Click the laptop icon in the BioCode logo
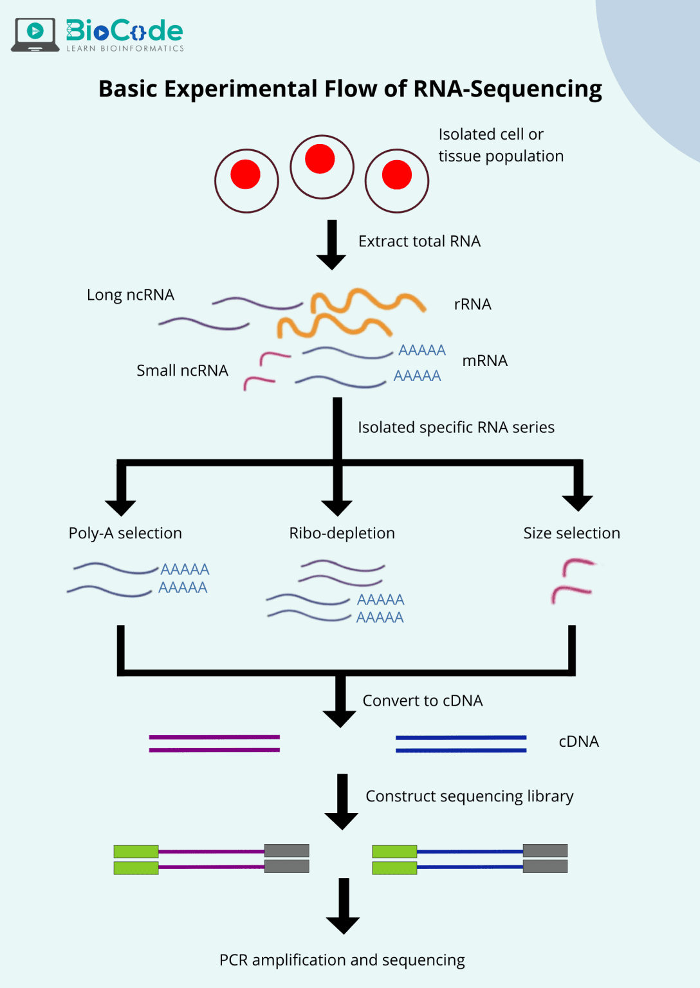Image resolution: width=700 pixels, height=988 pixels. coord(35,34)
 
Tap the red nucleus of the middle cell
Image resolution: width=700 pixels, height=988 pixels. coord(320,159)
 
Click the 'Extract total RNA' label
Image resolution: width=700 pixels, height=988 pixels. coord(419,241)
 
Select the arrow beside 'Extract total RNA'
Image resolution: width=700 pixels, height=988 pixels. coord(331,244)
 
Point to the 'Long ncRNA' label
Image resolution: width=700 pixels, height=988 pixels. coord(131,295)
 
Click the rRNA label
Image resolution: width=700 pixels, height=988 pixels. coord(472,304)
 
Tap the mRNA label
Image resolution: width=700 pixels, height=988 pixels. coord(484,361)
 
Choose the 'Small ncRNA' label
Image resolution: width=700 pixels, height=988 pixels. coord(182,370)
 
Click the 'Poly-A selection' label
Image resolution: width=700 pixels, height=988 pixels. coord(125,533)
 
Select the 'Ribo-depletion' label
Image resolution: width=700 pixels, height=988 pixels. coord(342,533)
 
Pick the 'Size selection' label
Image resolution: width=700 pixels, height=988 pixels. coord(571,533)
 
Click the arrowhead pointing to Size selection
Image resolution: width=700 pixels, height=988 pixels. coord(577,501)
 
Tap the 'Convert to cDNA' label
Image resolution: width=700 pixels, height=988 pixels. coord(422,700)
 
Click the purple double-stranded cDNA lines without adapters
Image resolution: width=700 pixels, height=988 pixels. coord(214,743)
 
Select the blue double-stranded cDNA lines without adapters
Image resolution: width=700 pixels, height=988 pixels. coord(461,744)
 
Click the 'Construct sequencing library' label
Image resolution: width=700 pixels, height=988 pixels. coord(469,796)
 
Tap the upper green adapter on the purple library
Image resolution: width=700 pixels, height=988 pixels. coord(136,852)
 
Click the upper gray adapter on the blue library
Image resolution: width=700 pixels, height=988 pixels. coord(545,850)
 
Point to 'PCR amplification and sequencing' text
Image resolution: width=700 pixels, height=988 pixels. coord(342,960)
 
